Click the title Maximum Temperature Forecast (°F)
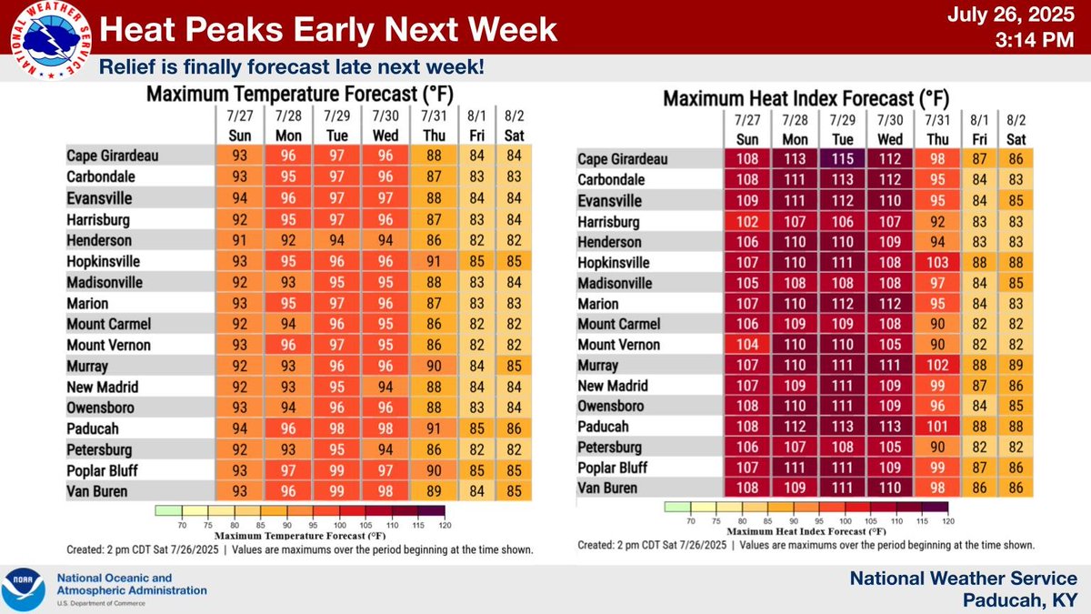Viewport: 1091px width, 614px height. coord(300,95)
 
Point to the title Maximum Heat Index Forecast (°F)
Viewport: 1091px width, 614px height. coord(806,98)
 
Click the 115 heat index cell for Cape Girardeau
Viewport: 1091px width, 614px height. coord(843,160)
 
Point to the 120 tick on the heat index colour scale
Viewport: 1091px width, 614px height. coord(947,521)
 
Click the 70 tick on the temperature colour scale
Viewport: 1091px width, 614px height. coord(181,525)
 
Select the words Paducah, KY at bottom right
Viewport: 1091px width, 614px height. coord(1025,599)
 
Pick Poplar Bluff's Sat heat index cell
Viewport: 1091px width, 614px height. coord(1016,468)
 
